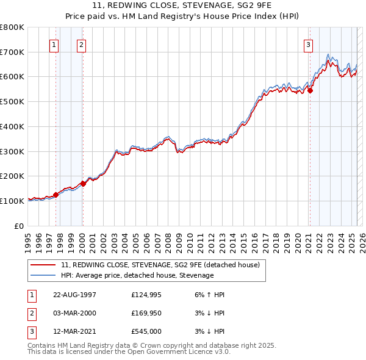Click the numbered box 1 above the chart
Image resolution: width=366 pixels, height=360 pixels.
[54, 44]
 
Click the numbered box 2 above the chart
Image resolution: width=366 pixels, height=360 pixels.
[81, 44]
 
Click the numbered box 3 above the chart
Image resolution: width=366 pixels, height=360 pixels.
[309, 44]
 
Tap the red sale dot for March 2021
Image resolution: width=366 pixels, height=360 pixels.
[310, 90]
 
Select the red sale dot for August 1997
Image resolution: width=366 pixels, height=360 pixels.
[56, 195]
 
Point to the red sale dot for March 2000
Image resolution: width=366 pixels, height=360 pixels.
[83, 183]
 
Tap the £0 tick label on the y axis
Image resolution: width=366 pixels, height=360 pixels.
[20, 226]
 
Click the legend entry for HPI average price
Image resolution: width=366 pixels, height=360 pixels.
[137, 275]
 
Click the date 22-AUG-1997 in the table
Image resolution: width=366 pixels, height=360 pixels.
[74, 295]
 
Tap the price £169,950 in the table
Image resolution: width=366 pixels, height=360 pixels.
[146, 313]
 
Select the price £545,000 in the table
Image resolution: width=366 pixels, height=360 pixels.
[146, 331]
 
